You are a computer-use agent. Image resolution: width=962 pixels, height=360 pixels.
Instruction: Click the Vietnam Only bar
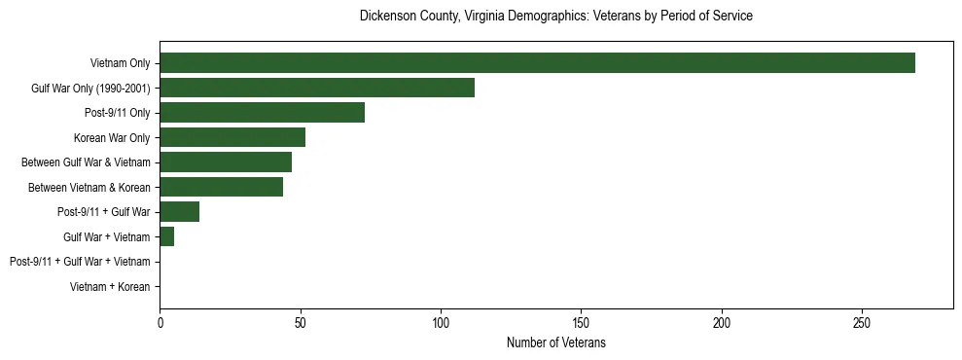coord(537,63)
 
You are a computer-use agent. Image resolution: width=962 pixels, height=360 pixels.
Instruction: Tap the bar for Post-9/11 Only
coord(262,113)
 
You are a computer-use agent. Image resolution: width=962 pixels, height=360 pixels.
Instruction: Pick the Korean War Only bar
coord(232,137)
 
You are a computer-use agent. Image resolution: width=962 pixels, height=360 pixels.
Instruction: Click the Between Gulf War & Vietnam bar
coord(226,162)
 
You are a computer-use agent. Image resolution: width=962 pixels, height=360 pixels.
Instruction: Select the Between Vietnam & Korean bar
coord(221,187)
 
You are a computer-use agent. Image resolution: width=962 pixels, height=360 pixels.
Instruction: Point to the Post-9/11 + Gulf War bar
coord(179,212)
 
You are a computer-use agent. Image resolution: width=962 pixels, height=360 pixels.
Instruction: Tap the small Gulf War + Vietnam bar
coord(166,236)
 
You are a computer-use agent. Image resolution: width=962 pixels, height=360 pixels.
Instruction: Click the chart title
coord(556,17)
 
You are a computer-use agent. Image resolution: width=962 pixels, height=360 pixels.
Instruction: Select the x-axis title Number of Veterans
coord(556,342)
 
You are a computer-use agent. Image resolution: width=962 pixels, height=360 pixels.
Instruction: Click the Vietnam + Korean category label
coord(110,287)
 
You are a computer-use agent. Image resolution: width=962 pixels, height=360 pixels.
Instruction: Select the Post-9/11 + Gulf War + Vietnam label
coord(80,262)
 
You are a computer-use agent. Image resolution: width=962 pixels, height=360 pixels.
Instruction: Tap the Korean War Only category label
coord(113,137)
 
